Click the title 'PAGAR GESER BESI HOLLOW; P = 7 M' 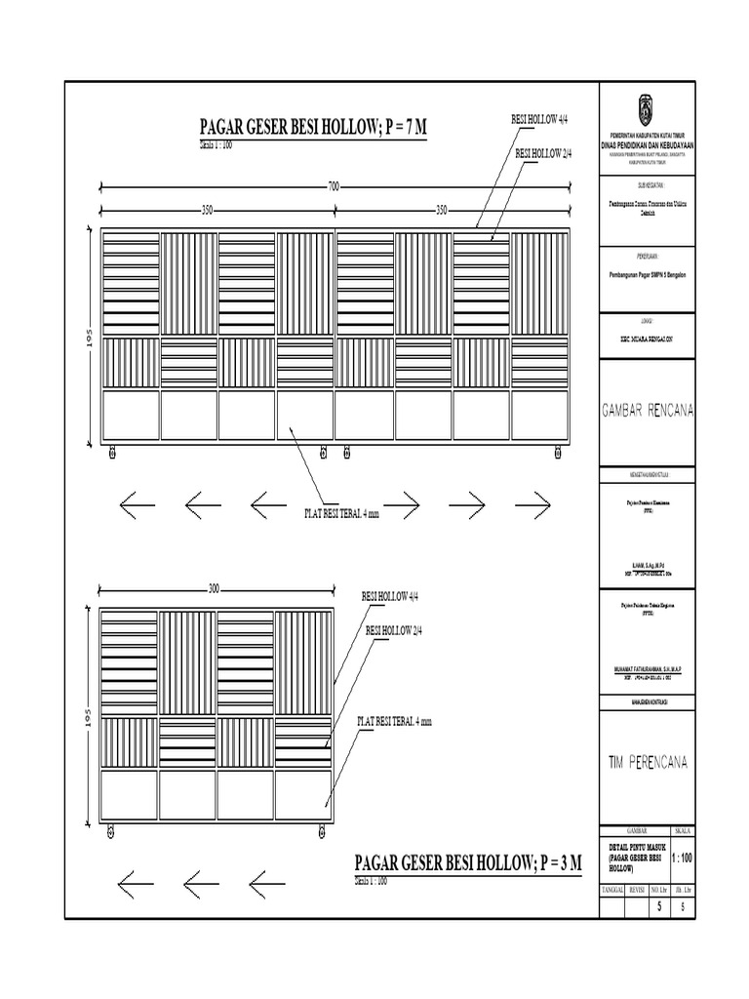coord(313,128)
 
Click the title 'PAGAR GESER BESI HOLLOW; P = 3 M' coord(468,863)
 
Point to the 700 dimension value coord(334,184)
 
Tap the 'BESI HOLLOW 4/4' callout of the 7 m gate coord(540,120)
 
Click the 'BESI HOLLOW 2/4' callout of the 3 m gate coord(393,630)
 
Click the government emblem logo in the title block coord(646,105)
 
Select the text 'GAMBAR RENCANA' coord(647,411)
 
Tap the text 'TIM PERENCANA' coord(647,762)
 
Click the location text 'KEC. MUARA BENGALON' coord(647,337)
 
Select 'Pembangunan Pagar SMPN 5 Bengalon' coord(647,274)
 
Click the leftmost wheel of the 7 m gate coord(112,453)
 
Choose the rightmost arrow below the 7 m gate coord(532,504)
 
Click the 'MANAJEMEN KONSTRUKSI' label coord(647,701)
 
